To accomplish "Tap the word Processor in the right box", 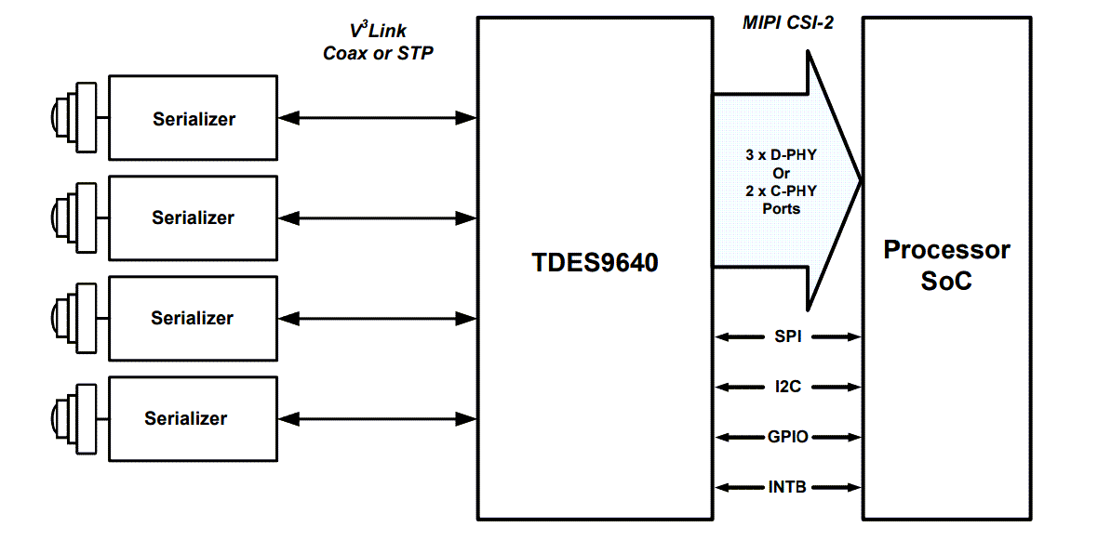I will tap(946, 249).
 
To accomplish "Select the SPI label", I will tap(787, 336).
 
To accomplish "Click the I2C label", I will tap(787, 387).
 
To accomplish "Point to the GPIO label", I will tap(787, 437).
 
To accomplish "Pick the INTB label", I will tap(787, 486).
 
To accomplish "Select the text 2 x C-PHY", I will tap(781, 191).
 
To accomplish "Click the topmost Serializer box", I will tap(194, 118).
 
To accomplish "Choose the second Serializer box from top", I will tap(194, 217).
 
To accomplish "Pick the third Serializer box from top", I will tap(194, 318).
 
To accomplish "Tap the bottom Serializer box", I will tap(194, 418).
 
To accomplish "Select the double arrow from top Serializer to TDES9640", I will tap(377, 117).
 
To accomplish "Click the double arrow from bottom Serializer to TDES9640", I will tap(377, 418).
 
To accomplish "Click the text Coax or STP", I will tap(378, 53).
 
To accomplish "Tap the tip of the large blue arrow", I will tap(860, 180).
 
